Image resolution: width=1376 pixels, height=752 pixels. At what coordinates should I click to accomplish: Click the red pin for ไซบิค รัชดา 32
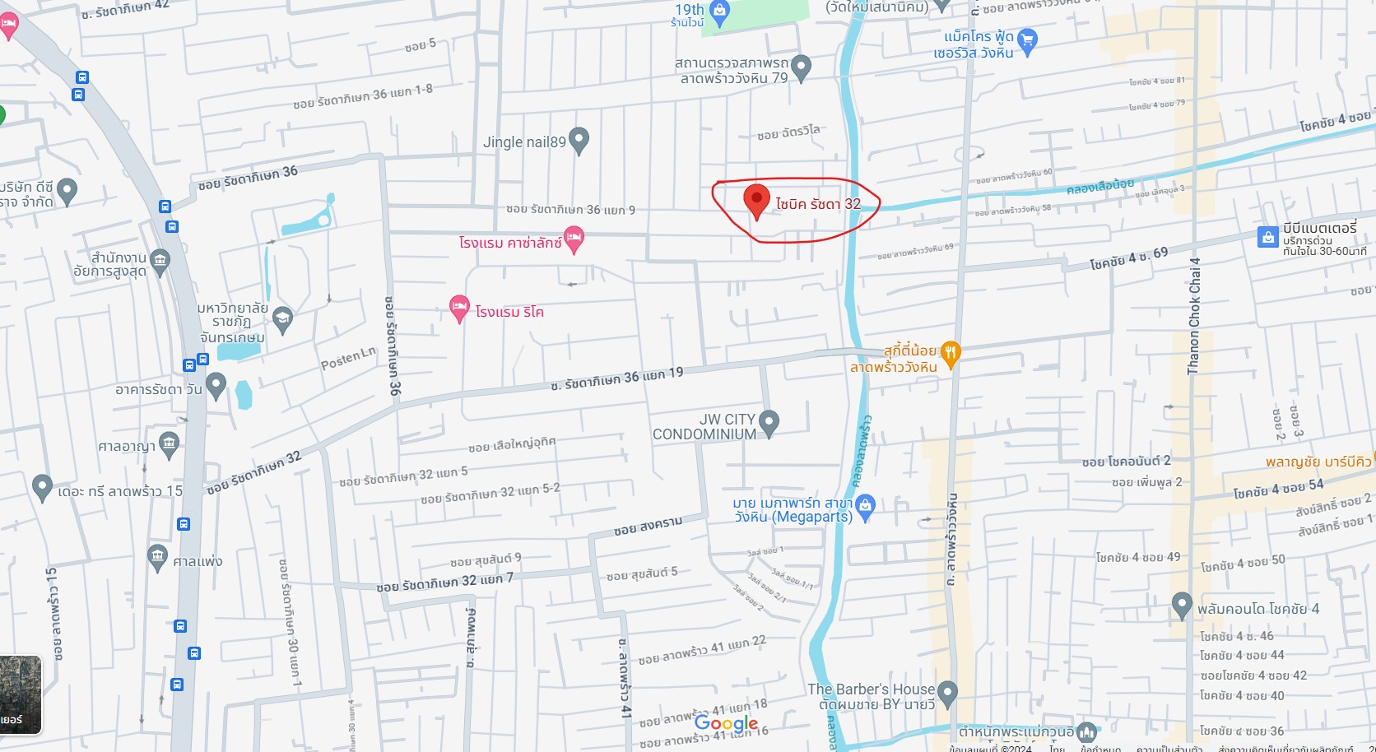(x=756, y=200)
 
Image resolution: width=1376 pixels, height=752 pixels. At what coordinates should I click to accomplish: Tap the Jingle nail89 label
(x=524, y=142)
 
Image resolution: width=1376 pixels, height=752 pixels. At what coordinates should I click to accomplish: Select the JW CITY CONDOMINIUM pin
(x=769, y=423)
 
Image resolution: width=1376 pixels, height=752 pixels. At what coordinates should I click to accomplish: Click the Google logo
(x=726, y=723)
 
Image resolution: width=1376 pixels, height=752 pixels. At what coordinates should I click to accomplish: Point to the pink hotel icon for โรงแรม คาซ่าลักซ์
(x=574, y=240)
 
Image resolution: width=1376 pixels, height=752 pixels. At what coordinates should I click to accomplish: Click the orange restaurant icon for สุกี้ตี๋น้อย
(x=951, y=354)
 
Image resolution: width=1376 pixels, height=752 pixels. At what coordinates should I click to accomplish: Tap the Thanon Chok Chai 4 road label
(x=1194, y=317)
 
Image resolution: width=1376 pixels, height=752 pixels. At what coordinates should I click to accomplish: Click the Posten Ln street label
(x=347, y=359)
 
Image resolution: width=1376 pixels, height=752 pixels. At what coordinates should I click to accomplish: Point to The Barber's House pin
(x=947, y=693)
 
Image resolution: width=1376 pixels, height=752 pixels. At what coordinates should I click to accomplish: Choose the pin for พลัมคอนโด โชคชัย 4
(x=1182, y=605)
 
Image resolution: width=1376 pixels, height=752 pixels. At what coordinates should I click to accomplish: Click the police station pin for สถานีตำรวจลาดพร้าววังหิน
(x=801, y=67)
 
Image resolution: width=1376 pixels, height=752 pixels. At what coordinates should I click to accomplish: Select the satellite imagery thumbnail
(x=21, y=694)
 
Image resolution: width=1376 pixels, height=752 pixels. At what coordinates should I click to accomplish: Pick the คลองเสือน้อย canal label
(x=1099, y=187)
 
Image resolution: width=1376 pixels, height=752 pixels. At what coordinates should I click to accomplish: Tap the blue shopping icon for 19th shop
(x=720, y=12)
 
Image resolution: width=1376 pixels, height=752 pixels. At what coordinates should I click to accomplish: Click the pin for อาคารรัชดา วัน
(x=216, y=384)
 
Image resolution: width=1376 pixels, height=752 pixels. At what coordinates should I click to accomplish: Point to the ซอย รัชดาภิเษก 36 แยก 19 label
(x=617, y=378)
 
